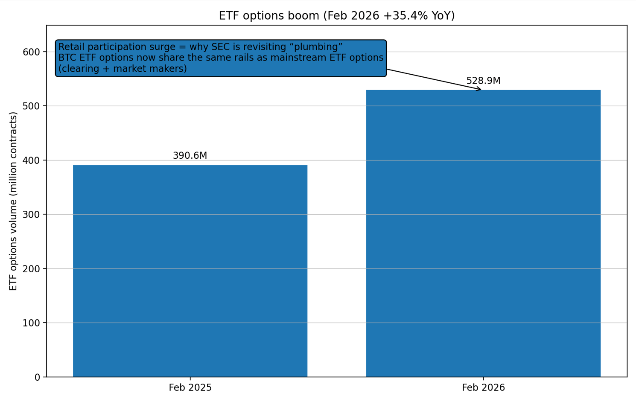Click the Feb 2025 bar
click(190, 271)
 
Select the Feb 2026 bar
click(483, 233)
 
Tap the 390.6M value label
click(190, 156)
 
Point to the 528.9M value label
click(483, 81)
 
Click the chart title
click(337, 16)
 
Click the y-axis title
click(13, 201)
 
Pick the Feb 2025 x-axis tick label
click(190, 388)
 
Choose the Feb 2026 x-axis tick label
click(483, 388)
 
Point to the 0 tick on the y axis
click(37, 377)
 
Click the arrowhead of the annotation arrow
click(480, 89)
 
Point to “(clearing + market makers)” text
click(123, 69)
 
